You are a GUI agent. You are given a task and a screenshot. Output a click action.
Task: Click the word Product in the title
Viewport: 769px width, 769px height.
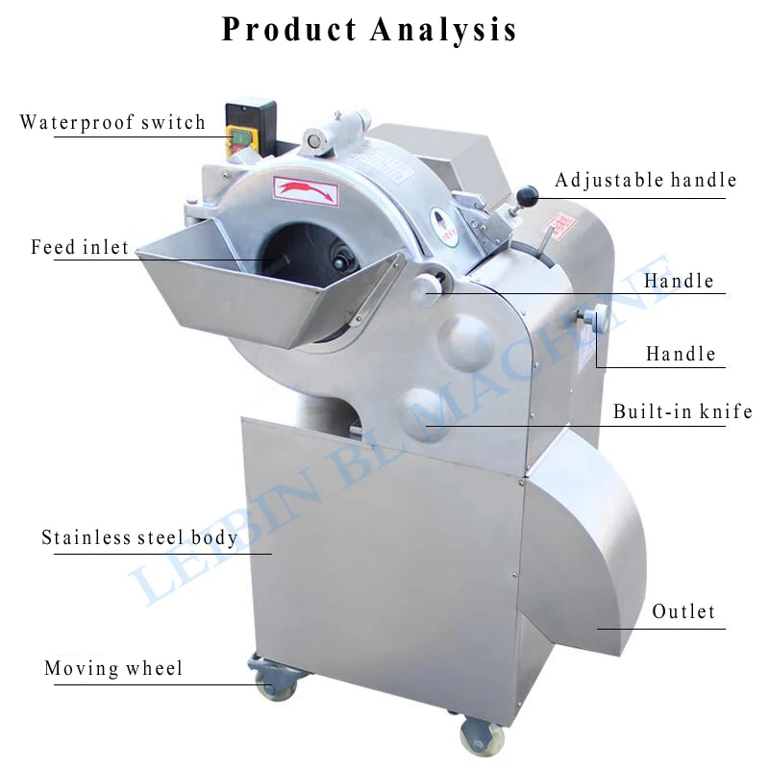[289, 29]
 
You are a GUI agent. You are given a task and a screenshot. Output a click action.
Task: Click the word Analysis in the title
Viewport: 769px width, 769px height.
[443, 29]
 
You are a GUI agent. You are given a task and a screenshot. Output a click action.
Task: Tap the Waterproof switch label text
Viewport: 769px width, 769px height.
[112, 123]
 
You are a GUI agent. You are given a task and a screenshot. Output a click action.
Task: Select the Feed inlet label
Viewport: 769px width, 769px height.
[80, 248]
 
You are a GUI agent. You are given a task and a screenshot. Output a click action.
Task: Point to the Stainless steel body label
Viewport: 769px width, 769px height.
[139, 537]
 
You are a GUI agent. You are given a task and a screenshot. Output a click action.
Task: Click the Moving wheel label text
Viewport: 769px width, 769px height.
[113, 668]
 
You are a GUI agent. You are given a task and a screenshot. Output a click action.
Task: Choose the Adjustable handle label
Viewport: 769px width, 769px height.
[646, 180]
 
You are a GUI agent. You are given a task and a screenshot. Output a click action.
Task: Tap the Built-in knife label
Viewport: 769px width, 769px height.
[682, 412]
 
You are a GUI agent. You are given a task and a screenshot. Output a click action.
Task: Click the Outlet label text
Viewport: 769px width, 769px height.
[683, 612]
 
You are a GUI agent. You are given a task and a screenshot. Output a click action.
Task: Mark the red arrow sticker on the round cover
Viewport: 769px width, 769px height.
[306, 188]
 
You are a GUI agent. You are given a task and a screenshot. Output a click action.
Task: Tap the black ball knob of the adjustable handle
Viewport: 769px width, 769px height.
[527, 198]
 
